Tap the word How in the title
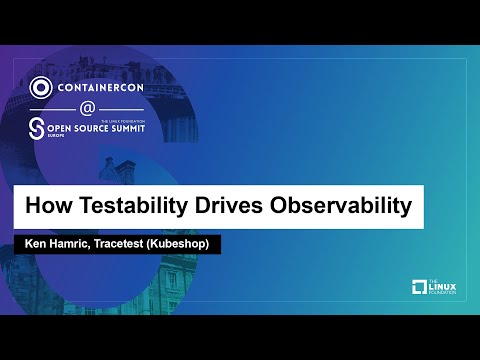[46, 208]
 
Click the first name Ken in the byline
[33, 245]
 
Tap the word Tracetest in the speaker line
[130, 245]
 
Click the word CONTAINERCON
[103, 86]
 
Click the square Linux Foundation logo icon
[419, 289]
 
